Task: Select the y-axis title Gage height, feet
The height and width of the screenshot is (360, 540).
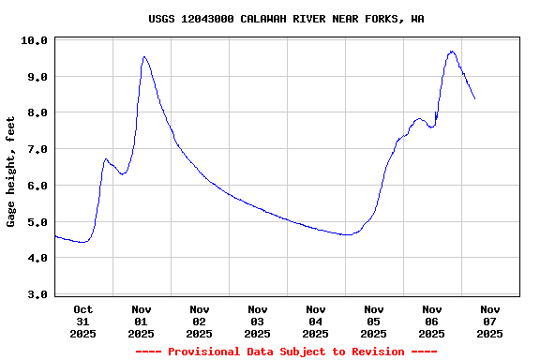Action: tap(11, 172)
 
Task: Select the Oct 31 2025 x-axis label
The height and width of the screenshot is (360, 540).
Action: tap(83, 321)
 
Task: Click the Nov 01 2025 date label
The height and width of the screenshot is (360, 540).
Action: tap(142, 321)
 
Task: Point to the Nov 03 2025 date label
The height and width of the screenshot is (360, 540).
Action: tap(258, 321)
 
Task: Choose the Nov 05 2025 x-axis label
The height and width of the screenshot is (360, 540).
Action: tap(374, 321)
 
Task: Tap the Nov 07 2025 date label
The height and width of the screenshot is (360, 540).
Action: tap(490, 321)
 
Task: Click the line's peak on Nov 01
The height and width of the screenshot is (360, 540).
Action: tap(144, 57)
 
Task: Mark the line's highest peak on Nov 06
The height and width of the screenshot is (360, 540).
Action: tap(452, 52)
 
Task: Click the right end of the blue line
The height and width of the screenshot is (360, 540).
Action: tap(474, 98)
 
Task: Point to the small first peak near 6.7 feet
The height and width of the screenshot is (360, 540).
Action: tap(106, 159)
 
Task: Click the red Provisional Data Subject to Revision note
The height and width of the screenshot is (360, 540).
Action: tap(286, 352)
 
